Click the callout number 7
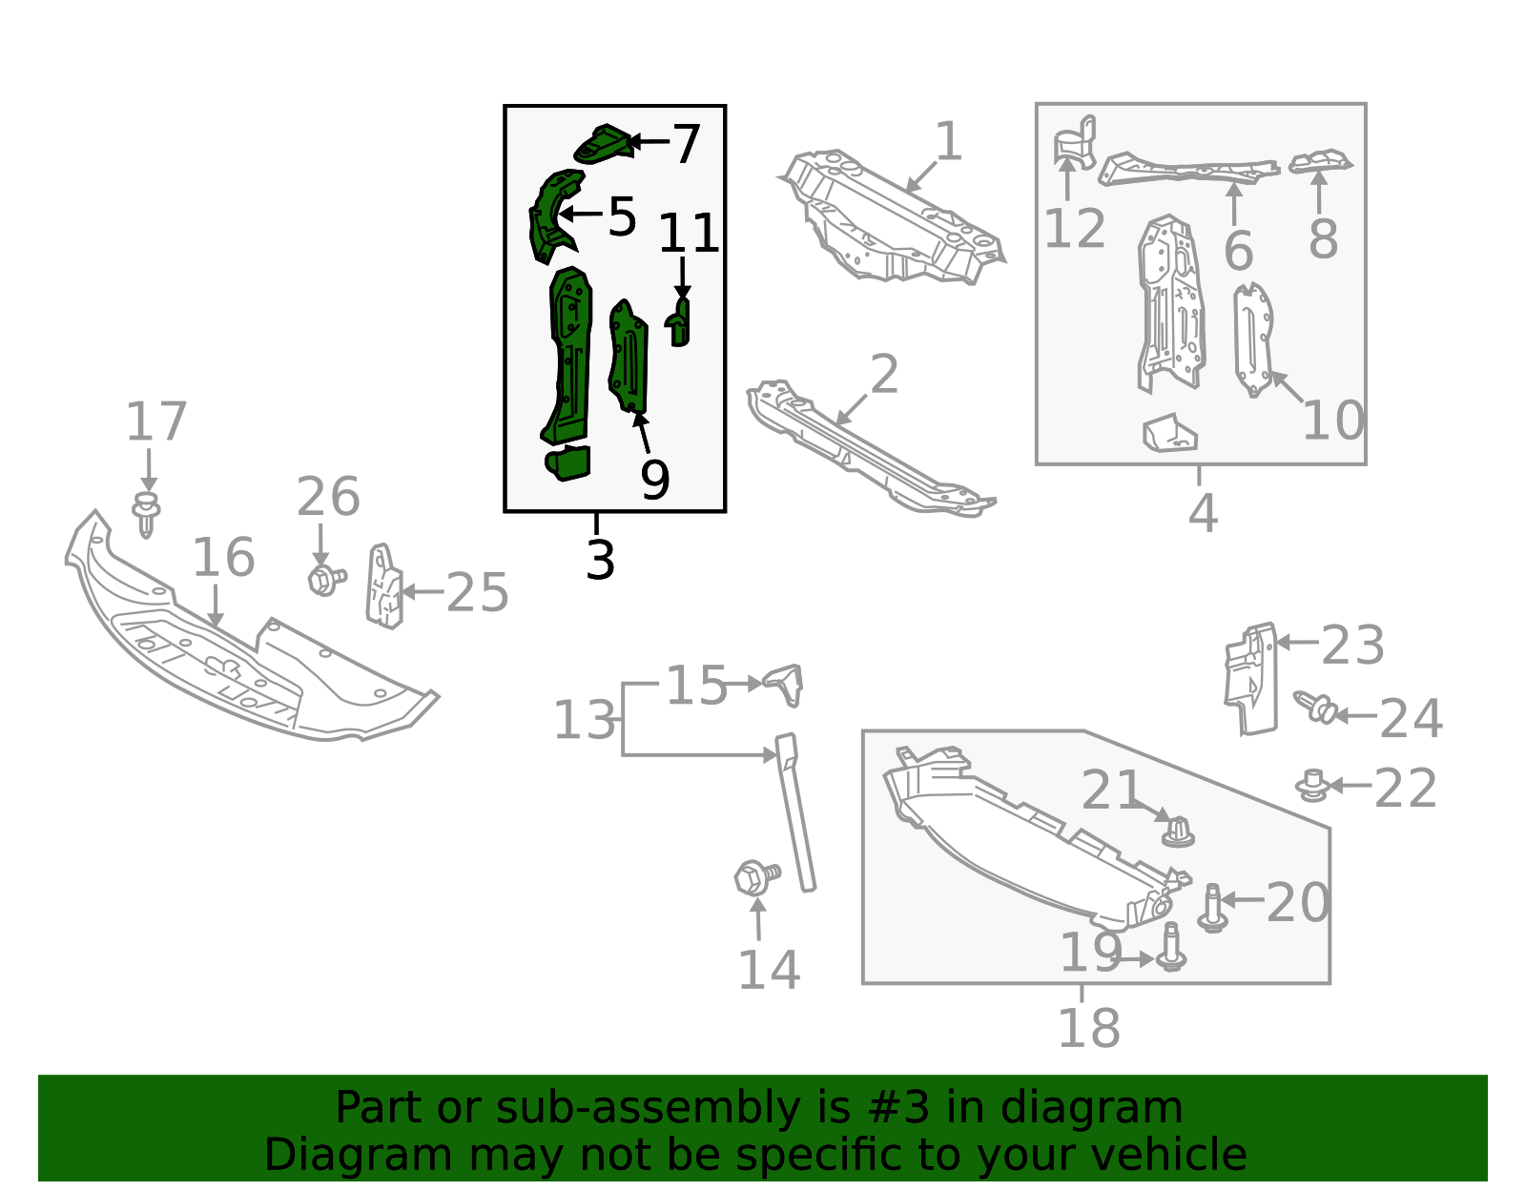pos(686,144)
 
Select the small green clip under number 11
pos(678,322)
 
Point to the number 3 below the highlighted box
pos(601,560)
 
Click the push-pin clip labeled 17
pos(145,514)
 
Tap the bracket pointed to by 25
pos(384,586)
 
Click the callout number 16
pos(223,558)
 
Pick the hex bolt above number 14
pos(756,876)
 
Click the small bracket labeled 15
pos(784,685)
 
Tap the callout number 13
pos(585,721)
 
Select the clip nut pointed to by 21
pos(1178,832)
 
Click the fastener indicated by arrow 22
pos(1311,786)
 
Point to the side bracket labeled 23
pos(1250,679)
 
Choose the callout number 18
pos(1088,1029)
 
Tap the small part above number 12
pos(1075,142)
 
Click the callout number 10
pos(1333,421)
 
